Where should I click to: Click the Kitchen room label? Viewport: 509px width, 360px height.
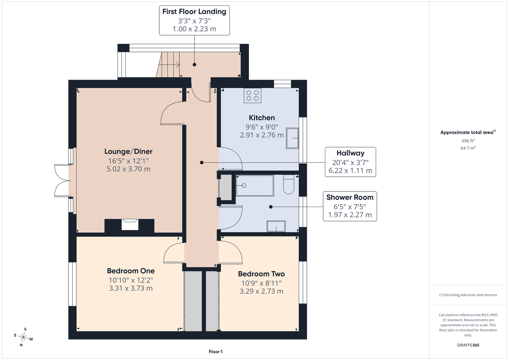(262, 118)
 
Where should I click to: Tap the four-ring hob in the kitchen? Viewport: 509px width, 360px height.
(253, 95)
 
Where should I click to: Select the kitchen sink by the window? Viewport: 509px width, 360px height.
(292, 138)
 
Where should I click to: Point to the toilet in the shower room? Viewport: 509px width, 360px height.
(289, 184)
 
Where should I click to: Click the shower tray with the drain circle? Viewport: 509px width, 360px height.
(255, 185)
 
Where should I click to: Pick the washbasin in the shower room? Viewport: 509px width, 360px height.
(276, 226)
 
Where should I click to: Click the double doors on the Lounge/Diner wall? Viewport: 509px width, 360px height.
(62, 181)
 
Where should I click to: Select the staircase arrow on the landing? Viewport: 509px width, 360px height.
(169, 65)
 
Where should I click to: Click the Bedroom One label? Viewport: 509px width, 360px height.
(131, 271)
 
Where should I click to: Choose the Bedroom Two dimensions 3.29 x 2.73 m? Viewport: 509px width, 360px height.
(261, 291)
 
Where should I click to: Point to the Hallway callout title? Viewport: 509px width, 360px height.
(351, 153)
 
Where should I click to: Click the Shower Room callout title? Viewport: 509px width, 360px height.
(350, 197)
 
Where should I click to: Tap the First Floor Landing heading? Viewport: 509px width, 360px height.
(194, 12)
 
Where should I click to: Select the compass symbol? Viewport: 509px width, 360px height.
(23, 337)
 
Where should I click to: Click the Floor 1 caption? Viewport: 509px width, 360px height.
(216, 352)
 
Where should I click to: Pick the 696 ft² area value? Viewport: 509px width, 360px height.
(468, 141)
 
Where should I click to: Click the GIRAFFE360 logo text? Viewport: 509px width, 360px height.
(468, 345)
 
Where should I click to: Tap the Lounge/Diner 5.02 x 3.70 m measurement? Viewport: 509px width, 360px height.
(128, 169)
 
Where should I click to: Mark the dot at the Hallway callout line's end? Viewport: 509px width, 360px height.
(202, 163)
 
